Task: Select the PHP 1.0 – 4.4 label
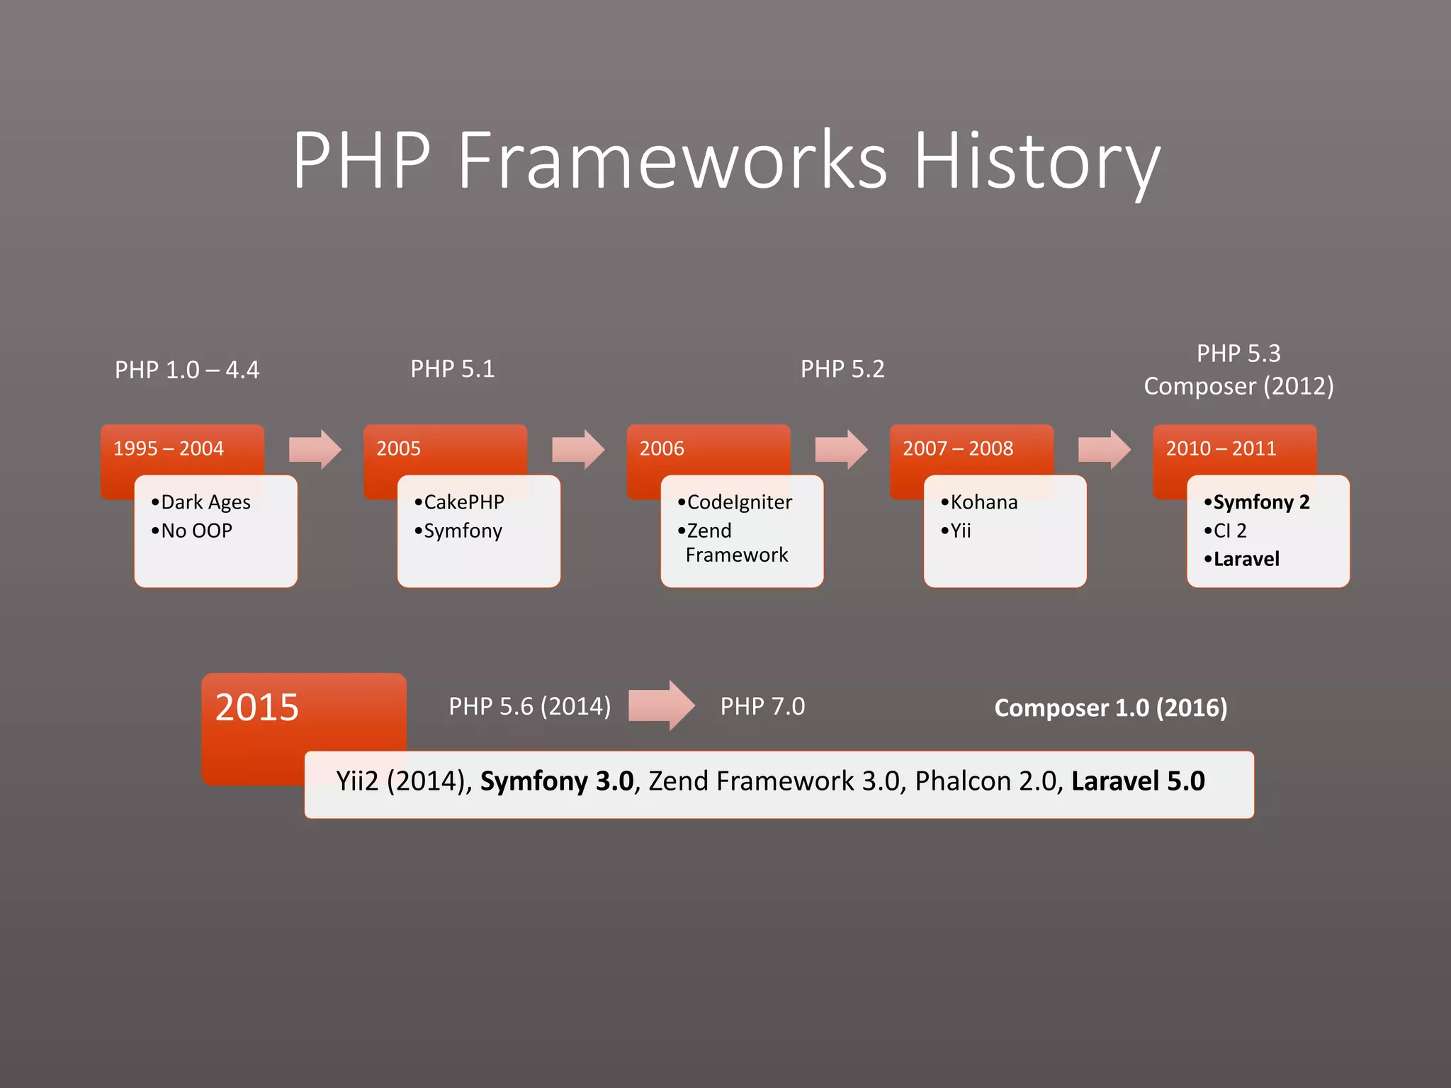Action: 187,370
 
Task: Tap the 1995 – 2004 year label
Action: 169,448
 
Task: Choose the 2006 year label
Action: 662,448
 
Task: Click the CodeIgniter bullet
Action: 739,502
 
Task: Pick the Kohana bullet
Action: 983,502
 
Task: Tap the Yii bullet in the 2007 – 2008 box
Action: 960,531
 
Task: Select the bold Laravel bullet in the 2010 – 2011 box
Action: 1246,559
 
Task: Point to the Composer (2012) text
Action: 1238,386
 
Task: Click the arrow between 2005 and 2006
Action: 578,449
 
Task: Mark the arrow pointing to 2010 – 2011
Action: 1104,449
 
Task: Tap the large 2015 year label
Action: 257,707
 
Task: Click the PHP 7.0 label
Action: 762,706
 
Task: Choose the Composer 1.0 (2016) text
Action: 1110,708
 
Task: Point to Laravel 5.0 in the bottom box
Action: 1137,781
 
